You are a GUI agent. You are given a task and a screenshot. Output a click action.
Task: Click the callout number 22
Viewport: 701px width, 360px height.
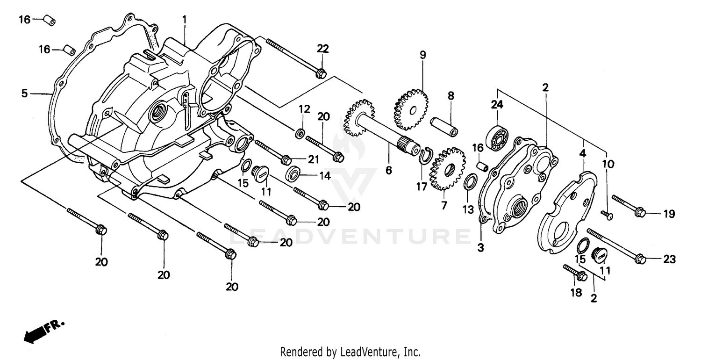(x=323, y=49)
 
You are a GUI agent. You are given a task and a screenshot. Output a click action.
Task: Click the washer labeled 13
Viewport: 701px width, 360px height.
(x=471, y=182)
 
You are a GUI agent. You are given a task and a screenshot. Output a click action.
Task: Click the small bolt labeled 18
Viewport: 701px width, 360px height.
(x=575, y=273)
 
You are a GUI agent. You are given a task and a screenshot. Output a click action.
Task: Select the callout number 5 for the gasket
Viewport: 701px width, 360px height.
(x=25, y=94)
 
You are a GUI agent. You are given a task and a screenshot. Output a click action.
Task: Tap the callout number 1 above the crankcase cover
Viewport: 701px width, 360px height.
(x=185, y=20)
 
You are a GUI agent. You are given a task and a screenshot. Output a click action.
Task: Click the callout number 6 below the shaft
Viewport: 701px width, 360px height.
(x=389, y=171)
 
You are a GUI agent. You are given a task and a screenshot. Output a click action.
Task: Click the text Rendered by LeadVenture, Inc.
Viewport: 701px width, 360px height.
(x=350, y=351)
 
